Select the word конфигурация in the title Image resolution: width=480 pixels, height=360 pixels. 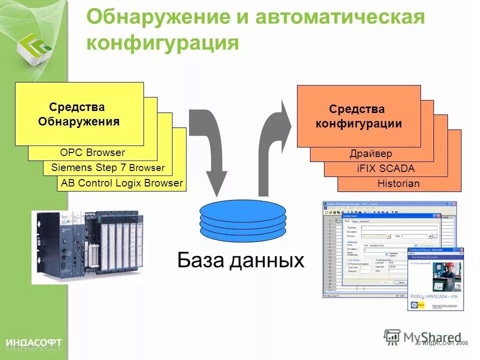[162, 43]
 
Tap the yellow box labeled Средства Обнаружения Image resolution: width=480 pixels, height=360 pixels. [79, 114]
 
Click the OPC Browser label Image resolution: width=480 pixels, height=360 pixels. [92, 153]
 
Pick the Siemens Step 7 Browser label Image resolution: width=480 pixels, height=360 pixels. [107, 168]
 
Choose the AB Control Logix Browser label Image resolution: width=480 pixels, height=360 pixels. [122, 183]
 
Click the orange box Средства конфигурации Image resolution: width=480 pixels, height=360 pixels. [358, 116]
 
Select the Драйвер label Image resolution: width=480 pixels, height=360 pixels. [370, 154]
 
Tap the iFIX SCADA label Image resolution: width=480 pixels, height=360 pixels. [385, 169]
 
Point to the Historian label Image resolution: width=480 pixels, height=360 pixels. [398, 184]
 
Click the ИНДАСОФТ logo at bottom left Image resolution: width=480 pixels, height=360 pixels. [34, 342]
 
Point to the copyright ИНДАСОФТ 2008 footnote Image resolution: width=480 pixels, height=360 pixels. [442, 343]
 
